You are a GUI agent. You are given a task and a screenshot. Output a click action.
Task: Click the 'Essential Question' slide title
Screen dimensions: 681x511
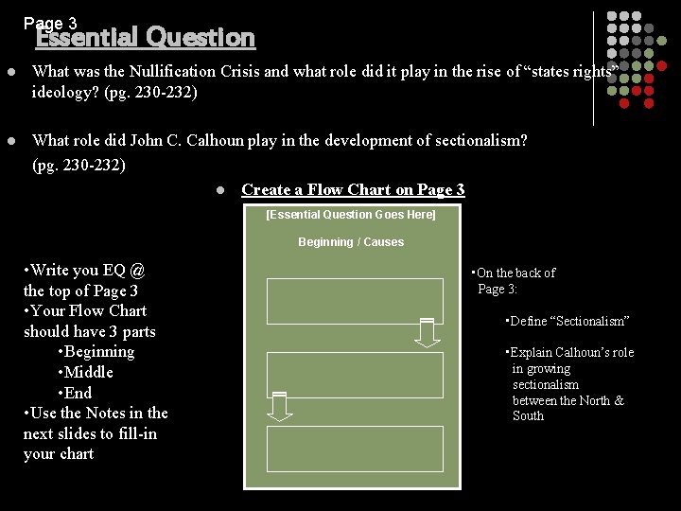coord(146,38)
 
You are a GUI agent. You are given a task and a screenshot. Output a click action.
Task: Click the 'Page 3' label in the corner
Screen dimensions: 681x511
coord(50,22)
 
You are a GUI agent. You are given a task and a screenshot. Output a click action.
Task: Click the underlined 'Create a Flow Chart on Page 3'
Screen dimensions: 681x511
coord(353,189)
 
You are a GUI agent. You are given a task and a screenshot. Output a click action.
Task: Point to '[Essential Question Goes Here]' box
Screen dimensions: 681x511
coord(351,215)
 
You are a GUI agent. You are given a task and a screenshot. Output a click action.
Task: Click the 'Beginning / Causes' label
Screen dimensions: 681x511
coord(351,242)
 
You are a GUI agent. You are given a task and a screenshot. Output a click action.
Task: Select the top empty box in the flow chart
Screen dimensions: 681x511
coord(354,301)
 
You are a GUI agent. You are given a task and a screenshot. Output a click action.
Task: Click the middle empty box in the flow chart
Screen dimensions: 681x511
coord(354,375)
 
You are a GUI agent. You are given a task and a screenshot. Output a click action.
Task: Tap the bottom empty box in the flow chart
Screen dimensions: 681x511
coord(354,448)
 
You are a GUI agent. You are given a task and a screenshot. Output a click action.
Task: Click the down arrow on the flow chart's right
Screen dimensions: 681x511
coord(428,332)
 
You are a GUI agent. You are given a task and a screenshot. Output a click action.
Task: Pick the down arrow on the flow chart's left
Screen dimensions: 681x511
coord(279,405)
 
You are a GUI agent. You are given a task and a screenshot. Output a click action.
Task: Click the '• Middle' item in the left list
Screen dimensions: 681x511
coord(85,372)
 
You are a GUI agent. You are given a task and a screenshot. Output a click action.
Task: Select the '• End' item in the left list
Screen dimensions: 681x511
coord(75,393)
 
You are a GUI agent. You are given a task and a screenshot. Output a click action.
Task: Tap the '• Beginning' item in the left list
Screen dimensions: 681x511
coord(96,351)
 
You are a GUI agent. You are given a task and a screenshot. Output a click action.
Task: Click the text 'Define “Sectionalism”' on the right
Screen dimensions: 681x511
coord(568,322)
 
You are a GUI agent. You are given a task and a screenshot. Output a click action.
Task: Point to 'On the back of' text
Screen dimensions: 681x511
coord(515,273)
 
